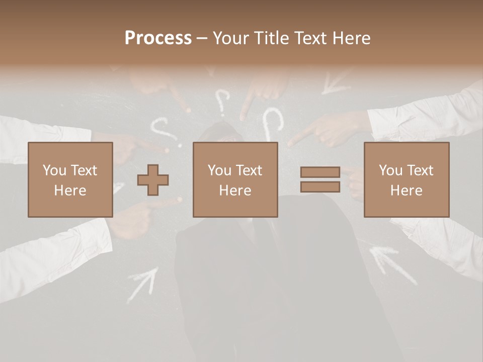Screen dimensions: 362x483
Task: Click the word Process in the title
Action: (158, 38)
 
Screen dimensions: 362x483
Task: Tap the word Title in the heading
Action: (272, 38)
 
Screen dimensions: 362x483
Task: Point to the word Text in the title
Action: (311, 38)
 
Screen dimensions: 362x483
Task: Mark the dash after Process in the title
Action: (201, 39)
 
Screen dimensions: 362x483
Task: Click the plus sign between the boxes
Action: (153, 180)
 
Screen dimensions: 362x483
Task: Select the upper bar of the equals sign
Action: (320, 172)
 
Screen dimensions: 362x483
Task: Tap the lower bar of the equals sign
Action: (320, 187)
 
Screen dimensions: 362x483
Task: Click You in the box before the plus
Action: (54, 170)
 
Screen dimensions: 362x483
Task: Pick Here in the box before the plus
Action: (70, 191)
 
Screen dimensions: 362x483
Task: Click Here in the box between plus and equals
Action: (235, 191)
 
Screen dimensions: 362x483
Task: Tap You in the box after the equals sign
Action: (390, 170)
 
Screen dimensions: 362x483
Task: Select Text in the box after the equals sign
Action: (420, 170)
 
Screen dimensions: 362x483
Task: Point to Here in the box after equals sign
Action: (406, 191)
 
